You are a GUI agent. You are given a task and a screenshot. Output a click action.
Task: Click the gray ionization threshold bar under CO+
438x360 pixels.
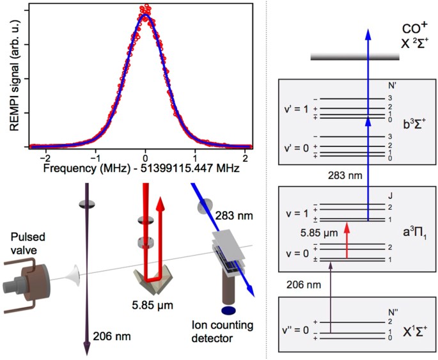point(354,58)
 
